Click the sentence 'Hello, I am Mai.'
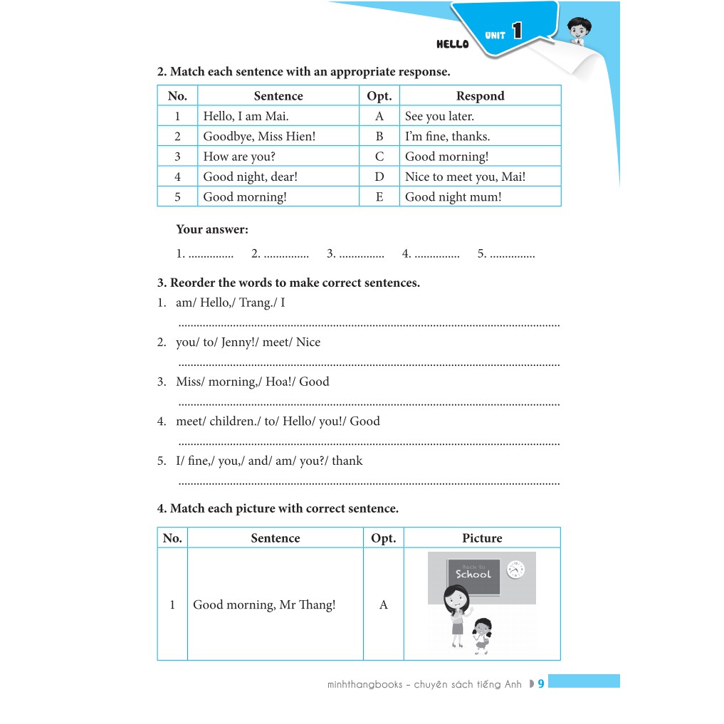coord(246,116)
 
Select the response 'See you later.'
coord(439,116)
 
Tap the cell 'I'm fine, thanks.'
coord(447,136)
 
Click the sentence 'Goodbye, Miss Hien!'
coord(258,136)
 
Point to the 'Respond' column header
coord(480,96)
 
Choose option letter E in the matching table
coord(379,196)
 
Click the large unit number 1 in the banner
coord(517,31)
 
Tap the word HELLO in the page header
coord(453,44)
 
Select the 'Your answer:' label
coord(212,229)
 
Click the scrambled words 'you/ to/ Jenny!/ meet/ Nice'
coord(248,342)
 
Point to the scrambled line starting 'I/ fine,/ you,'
coord(268,461)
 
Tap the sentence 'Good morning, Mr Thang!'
coord(264,605)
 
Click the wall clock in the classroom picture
coord(515,570)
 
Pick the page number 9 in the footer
coord(541,684)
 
